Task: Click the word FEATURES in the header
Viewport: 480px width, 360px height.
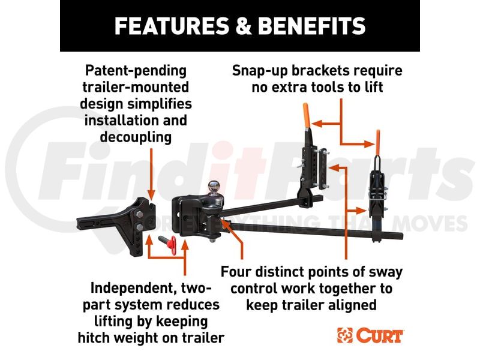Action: coord(172,26)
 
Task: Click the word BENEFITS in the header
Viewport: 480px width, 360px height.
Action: coord(312,26)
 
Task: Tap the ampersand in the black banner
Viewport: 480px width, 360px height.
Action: coord(244,26)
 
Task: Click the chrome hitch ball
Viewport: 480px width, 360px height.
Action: coord(214,187)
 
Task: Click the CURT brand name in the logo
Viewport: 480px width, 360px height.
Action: coord(379,335)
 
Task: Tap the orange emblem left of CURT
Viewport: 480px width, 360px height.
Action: coord(344,335)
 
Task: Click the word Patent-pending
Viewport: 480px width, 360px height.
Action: coord(136,71)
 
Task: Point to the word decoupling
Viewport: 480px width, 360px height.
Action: coord(136,137)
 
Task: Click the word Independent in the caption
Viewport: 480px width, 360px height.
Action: coord(133,288)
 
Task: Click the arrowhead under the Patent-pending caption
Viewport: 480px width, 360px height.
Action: coord(151,194)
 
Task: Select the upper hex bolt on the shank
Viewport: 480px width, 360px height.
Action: coord(139,214)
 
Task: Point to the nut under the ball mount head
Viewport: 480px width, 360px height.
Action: coord(214,239)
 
